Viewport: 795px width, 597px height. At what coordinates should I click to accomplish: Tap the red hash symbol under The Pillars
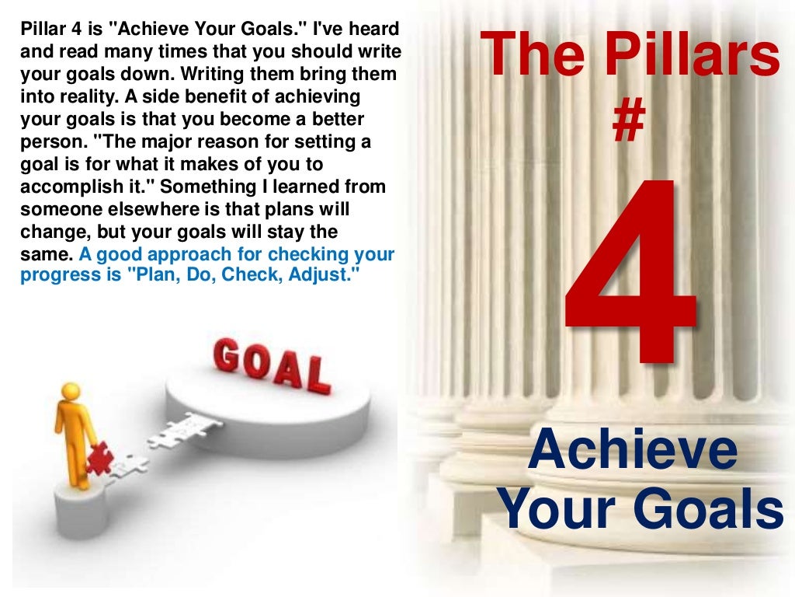click(628, 124)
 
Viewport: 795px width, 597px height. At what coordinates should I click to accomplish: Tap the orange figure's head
click(71, 392)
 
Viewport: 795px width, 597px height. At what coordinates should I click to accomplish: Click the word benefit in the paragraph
click(196, 97)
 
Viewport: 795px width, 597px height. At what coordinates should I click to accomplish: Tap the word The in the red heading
click(519, 57)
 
